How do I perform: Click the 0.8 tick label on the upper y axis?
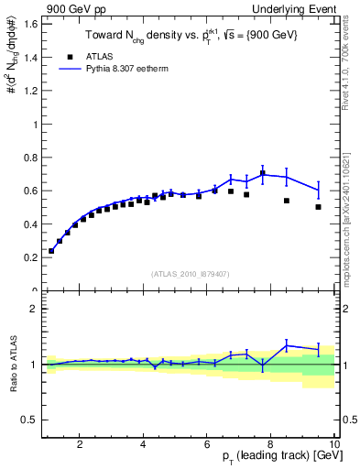coord(30,157)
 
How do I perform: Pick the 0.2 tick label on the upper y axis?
coord(30,257)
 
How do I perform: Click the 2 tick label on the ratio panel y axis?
coord(34,309)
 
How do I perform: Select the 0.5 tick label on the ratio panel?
coord(30,420)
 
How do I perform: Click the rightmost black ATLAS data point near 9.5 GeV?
coord(318,207)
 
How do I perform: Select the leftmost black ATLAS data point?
coord(51,251)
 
